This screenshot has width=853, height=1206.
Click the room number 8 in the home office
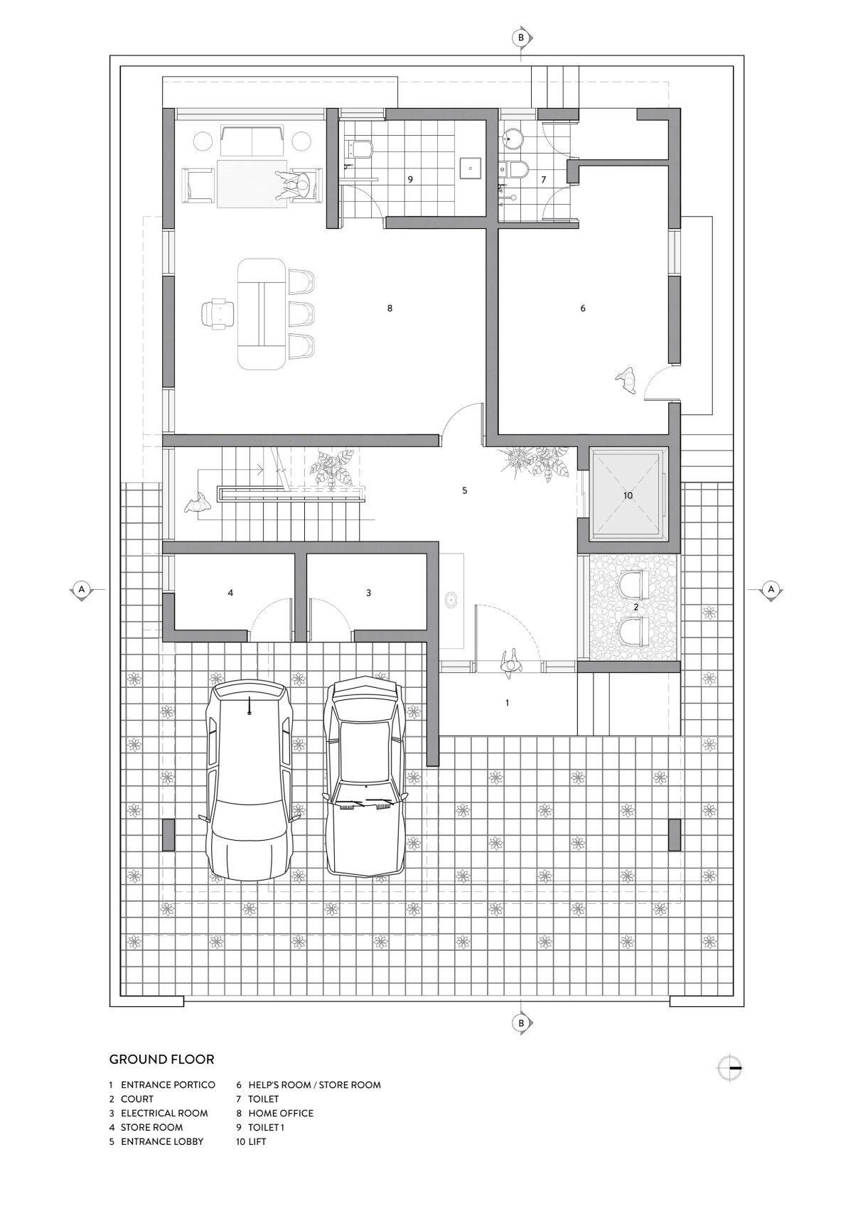point(390,308)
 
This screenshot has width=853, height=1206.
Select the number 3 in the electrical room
point(368,593)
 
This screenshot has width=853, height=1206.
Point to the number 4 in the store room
point(230,593)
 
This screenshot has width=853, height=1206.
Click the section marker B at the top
point(521,38)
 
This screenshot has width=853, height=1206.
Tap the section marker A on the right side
point(771,589)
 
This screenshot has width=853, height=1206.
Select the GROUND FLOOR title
point(161,1059)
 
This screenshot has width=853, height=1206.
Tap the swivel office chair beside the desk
point(218,313)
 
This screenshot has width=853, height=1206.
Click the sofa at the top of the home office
point(252,141)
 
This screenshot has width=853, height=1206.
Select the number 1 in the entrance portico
point(507,703)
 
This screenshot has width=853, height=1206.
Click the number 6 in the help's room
point(583,308)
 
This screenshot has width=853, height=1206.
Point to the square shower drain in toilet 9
point(471,168)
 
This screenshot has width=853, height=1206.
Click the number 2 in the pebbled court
point(635,607)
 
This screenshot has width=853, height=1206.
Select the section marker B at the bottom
point(521,1023)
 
